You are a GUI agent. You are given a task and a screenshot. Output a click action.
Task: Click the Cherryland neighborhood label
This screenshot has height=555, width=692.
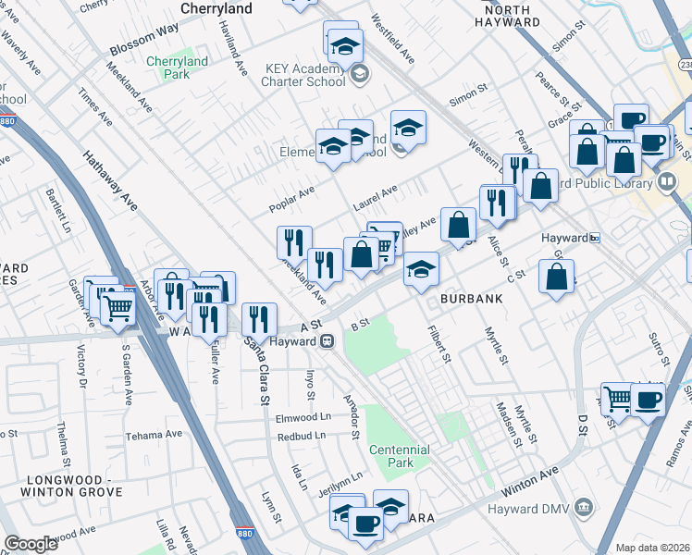coord(216,8)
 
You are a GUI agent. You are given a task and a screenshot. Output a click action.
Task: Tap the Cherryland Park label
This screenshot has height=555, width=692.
coord(178,68)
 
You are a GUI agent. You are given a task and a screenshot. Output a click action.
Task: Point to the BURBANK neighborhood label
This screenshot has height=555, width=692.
coord(471,300)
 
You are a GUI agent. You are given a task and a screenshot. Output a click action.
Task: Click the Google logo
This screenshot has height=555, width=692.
coord(31,544)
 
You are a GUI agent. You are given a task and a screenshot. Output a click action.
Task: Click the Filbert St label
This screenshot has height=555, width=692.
coord(439,344)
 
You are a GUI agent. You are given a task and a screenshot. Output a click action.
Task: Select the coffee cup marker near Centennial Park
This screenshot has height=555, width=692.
coord(365,524)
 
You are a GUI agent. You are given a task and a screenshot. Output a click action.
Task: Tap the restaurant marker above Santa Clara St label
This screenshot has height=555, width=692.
coord(260,319)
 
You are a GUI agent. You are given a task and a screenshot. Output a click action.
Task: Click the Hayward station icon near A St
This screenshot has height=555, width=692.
coord(327,341)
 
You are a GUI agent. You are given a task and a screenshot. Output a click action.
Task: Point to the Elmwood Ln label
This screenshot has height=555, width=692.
coord(303,417)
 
